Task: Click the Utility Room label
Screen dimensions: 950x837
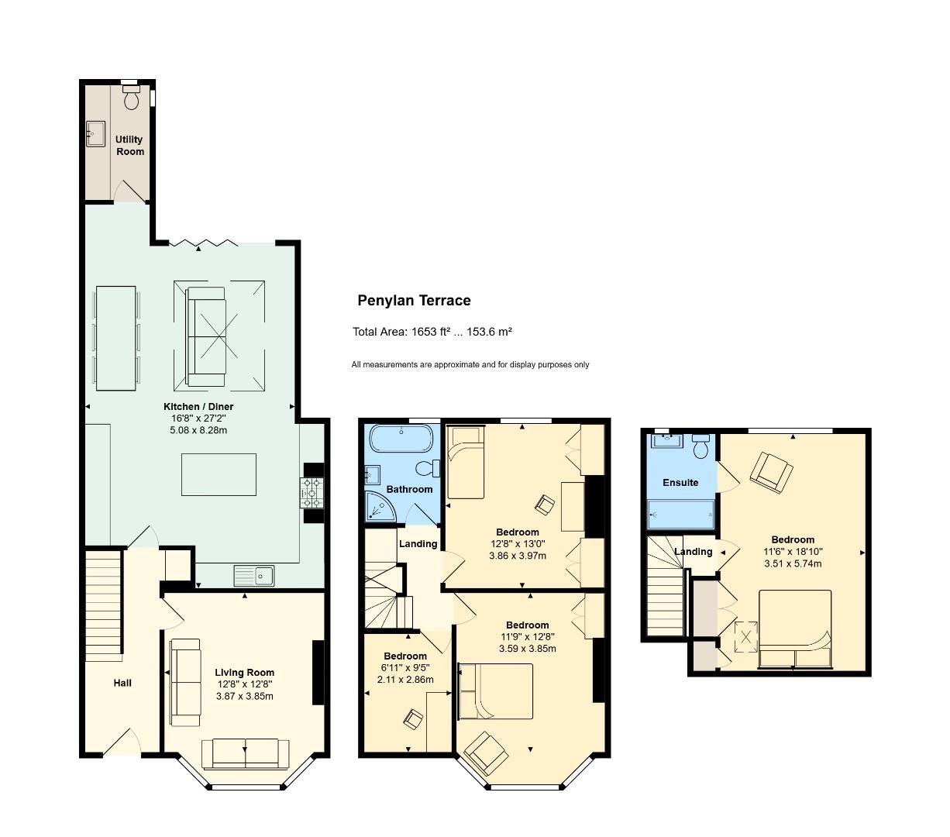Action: pyautogui.click(x=129, y=146)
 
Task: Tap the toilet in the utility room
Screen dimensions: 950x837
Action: pyautogui.click(x=131, y=98)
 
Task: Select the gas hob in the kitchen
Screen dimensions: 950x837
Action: pyautogui.click(x=312, y=492)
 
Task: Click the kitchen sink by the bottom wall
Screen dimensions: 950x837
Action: pyautogui.click(x=253, y=575)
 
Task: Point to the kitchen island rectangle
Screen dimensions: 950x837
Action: pyautogui.click(x=219, y=474)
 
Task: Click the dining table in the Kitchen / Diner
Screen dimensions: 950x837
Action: pyautogui.click(x=115, y=338)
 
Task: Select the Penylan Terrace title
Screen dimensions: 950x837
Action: pyautogui.click(x=414, y=301)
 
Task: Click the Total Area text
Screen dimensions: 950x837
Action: pyautogui.click(x=432, y=332)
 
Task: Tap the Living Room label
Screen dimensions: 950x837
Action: pyautogui.click(x=244, y=673)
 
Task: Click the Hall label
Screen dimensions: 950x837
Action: pyautogui.click(x=122, y=683)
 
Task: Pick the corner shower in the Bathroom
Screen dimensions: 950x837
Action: pyautogui.click(x=380, y=506)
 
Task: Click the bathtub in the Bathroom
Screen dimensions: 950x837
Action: pyautogui.click(x=401, y=439)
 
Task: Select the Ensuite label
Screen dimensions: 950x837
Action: pyautogui.click(x=680, y=483)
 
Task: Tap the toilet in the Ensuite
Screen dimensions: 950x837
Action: pyautogui.click(x=701, y=446)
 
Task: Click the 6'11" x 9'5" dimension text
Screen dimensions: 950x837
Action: pyautogui.click(x=405, y=668)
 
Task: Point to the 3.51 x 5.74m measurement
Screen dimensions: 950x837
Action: pyautogui.click(x=793, y=563)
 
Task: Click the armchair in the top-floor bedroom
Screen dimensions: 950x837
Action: pyautogui.click(x=771, y=472)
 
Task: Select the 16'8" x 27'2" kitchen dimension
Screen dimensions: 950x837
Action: pyautogui.click(x=198, y=418)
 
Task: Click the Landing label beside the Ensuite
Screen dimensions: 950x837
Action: pyautogui.click(x=693, y=552)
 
